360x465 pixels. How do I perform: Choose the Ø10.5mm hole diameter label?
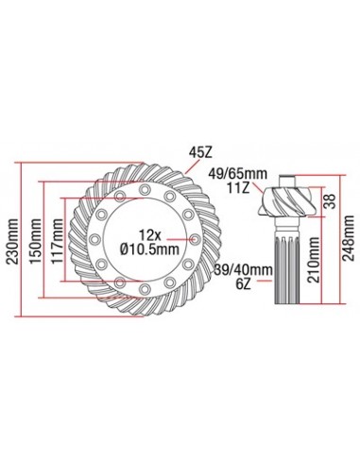[148, 250]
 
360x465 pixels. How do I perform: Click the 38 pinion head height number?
[330, 199]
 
